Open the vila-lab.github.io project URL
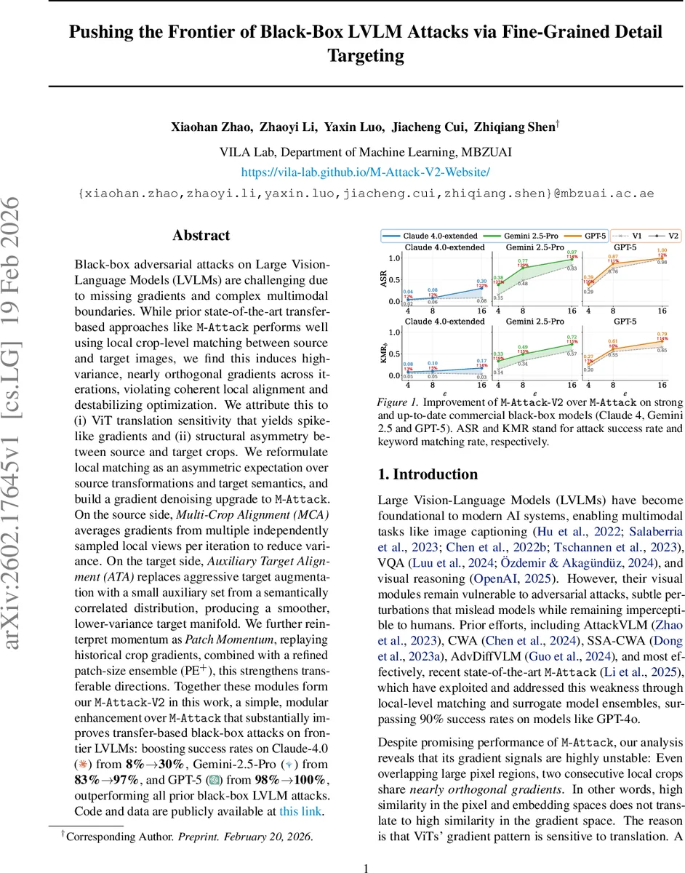point(365,172)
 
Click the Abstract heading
point(201,236)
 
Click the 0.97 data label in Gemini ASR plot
point(571,252)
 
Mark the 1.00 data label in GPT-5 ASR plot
point(661,251)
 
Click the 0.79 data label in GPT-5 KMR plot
point(661,334)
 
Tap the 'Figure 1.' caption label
point(397,402)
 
